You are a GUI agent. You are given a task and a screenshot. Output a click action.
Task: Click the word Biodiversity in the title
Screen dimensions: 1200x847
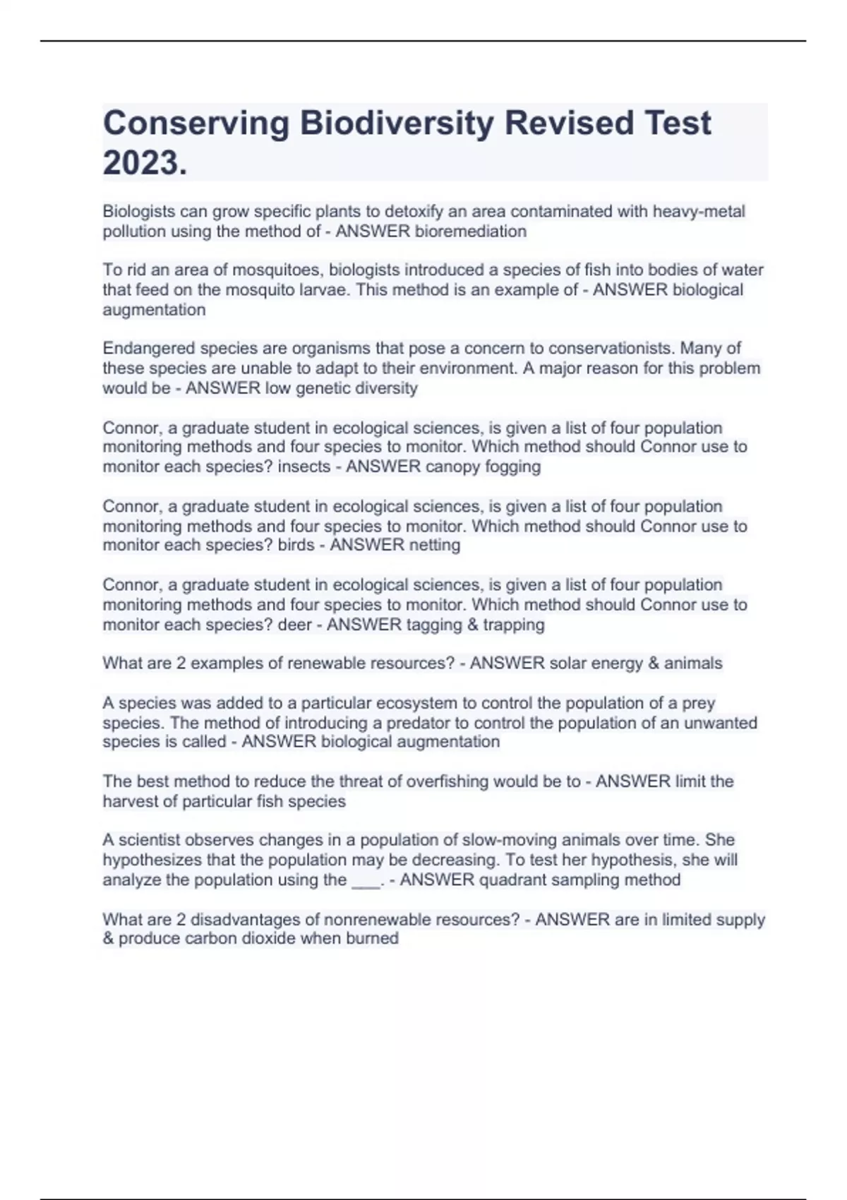[x=397, y=123]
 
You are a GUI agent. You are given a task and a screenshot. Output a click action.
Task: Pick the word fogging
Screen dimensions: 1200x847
[x=513, y=467]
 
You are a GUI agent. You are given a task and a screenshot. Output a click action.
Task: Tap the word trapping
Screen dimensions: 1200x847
[x=514, y=625]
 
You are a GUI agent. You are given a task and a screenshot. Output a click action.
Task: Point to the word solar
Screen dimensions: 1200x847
[x=567, y=664]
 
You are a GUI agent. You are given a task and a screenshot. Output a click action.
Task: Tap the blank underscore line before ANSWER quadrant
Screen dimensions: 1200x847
[x=366, y=882]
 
